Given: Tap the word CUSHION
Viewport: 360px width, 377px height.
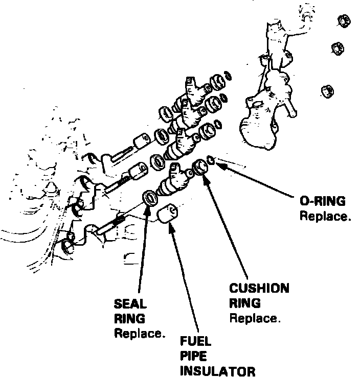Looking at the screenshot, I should (x=259, y=289).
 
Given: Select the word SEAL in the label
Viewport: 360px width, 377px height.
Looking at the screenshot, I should (x=130, y=303).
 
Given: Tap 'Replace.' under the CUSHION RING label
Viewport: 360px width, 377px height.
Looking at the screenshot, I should (x=254, y=318).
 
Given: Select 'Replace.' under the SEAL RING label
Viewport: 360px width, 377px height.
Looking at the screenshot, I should (x=139, y=334).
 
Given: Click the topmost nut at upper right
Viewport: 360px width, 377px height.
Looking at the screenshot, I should (x=344, y=21).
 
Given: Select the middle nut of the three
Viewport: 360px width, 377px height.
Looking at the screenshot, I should (x=336, y=49).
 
